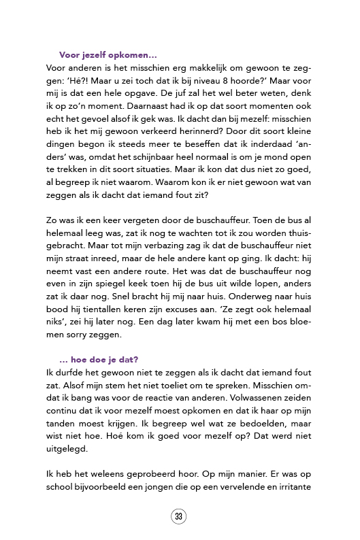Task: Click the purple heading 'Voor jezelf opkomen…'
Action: [x=108, y=55]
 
